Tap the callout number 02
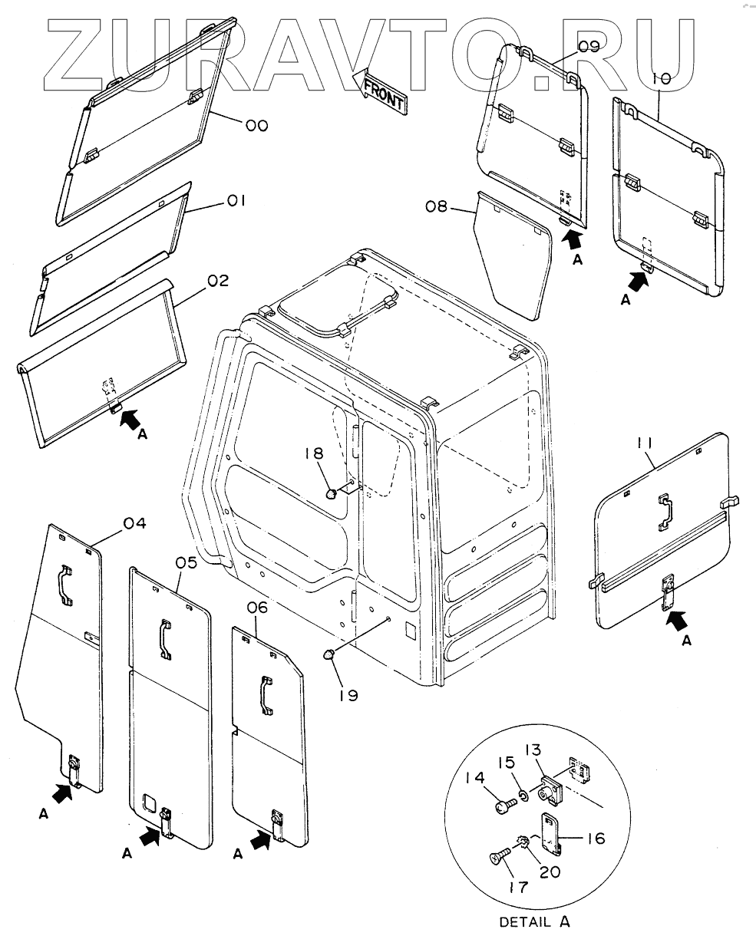pos(218,281)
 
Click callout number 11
pos(645,443)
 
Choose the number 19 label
pos(348,695)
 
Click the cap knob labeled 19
pos(328,654)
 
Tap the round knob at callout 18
pos(332,493)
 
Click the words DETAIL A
pos(534,922)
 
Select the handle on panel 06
pos(266,695)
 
